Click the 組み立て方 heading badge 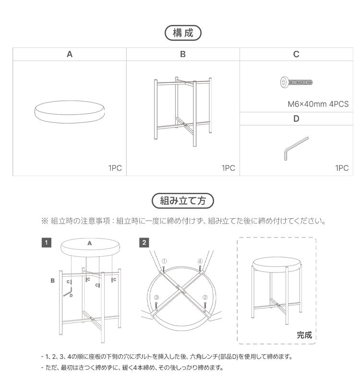[182, 200]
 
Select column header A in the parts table [70, 54]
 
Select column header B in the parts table [183, 54]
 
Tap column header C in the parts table [296, 54]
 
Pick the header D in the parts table [296, 118]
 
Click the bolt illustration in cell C [296, 83]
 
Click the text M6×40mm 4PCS [318, 104]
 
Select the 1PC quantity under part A [115, 168]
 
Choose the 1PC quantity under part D [342, 168]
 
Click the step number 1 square [46, 243]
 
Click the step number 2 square [144, 243]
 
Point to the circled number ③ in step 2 [156, 297]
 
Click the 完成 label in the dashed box [304, 335]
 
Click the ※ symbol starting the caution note [45, 221]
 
